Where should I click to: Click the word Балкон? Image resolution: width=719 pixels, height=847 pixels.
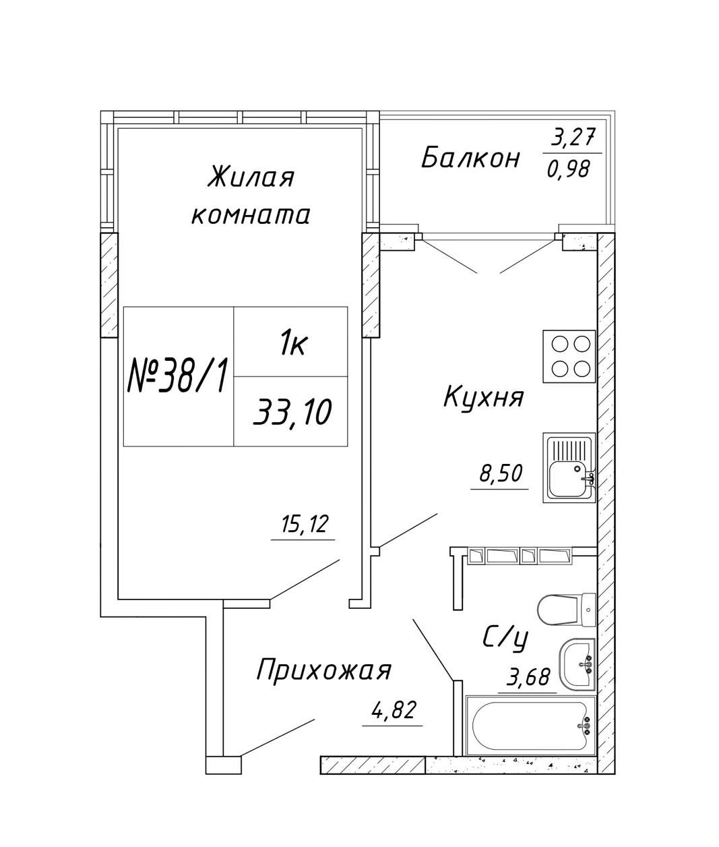[x=470, y=158]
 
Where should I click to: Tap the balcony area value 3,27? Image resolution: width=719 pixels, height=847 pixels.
[x=573, y=138]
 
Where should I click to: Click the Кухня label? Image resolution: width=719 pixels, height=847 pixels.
[x=483, y=397]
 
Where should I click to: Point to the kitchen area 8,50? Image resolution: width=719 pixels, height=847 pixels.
[x=500, y=474]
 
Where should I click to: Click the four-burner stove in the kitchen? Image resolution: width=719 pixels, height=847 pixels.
[x=569, y=356]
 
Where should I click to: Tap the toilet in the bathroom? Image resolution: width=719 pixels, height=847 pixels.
[x=567, y=609]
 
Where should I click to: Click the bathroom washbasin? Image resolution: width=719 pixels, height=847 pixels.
[x=577, y=665]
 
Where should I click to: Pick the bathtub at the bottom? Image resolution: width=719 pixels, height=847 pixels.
[x=531, y=726]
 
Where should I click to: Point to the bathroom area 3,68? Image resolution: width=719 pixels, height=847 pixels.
[x=528, y=676]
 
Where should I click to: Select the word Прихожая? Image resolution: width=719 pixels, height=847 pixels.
[x=323, y=672]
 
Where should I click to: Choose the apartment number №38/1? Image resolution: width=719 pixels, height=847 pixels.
[x=178, y=376]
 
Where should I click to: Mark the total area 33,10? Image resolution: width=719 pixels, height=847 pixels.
[x=291, y=411]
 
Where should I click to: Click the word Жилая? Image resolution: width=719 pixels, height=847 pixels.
[x=251, y=179]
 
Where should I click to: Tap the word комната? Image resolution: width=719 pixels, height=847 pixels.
[x=251, y=215]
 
